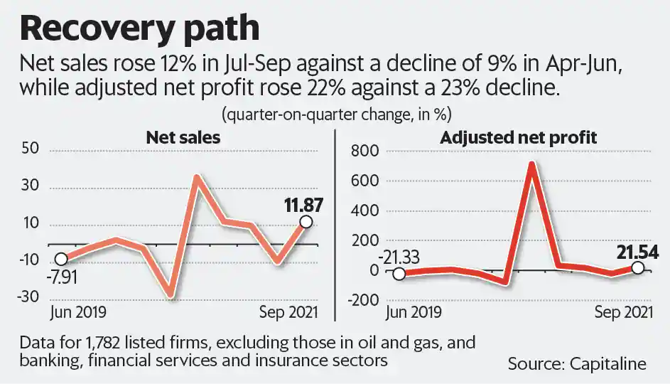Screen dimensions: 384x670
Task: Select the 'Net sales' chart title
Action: (x=183, y=137)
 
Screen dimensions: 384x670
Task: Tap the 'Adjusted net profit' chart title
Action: (x=519, y=137)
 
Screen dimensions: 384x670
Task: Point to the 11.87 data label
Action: (x=304, y=206)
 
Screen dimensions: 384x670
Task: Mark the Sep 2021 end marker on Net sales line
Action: (x=306, y=222)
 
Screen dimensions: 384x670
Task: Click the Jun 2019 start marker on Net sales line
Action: (x=62, y=259)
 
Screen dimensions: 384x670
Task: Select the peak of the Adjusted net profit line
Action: (x=531, y=165)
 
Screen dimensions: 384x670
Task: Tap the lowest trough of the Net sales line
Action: (x=168, y=294)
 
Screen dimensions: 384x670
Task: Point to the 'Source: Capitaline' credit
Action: (x=577, y=364)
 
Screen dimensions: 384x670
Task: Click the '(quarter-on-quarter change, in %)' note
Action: (x=336, y=114)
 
